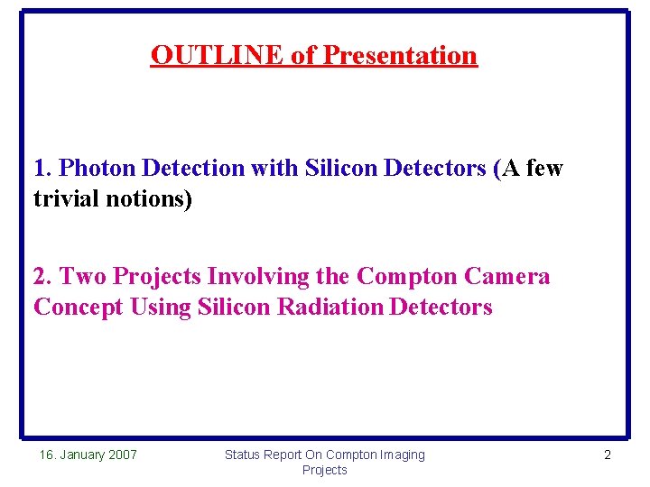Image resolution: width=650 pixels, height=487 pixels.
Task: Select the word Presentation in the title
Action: (x=400, y=55)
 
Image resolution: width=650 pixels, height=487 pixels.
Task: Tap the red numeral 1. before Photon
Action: (x=43, y=168)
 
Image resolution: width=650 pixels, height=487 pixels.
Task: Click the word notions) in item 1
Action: (x=152, y=198)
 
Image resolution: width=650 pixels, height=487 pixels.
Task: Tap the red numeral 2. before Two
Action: (x=43, y=276)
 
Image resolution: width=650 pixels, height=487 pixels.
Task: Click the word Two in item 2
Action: (x=83, y=276)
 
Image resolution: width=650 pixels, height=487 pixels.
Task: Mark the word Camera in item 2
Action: (x=506, y=276)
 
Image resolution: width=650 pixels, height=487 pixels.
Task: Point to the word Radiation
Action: (x=330, y=307)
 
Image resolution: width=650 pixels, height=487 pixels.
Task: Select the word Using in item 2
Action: (x=161, y=307)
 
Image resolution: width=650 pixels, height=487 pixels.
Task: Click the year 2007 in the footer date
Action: (x=121, y=455)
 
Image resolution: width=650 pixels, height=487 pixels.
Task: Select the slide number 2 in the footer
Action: (x=607, y=455)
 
